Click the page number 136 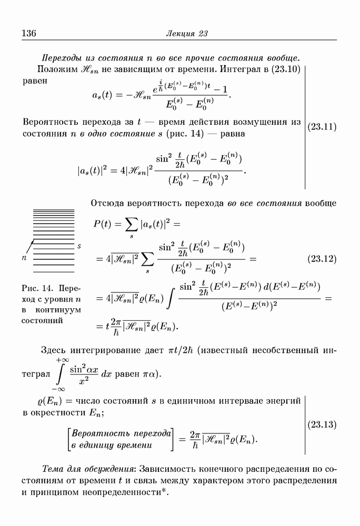pos(28,34)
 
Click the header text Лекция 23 pos(187,34)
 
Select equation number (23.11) pos(322,127)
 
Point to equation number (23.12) pos(322,259)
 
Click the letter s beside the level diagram pos(79,246)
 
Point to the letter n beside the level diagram pos(24,258)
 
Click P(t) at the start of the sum pos(104,224)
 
